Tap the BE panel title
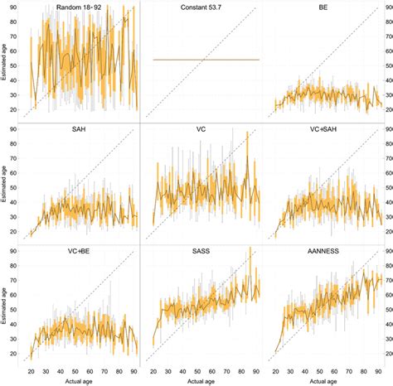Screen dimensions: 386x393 323,7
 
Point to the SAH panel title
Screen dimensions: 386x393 80,129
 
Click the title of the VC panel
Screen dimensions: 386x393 201,129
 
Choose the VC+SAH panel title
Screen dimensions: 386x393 323,129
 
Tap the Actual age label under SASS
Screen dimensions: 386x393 201,379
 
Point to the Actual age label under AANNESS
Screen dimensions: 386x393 323,379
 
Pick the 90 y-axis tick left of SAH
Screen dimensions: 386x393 12,130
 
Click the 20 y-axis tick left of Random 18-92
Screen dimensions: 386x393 12,109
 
